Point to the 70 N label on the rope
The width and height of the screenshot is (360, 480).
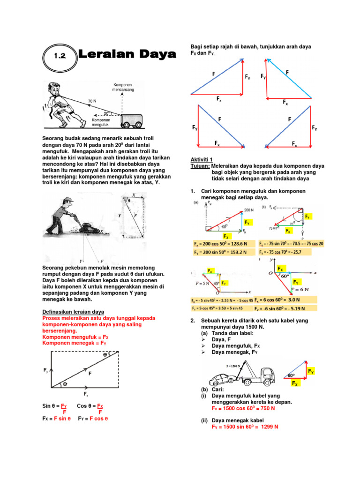pos(92,101)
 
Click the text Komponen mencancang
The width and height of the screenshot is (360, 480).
pos(122,88)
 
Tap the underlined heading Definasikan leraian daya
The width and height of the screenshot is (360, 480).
pos(73,312)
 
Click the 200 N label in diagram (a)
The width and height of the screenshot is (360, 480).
pos(248,210)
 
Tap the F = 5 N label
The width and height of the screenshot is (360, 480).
pos(202,284)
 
